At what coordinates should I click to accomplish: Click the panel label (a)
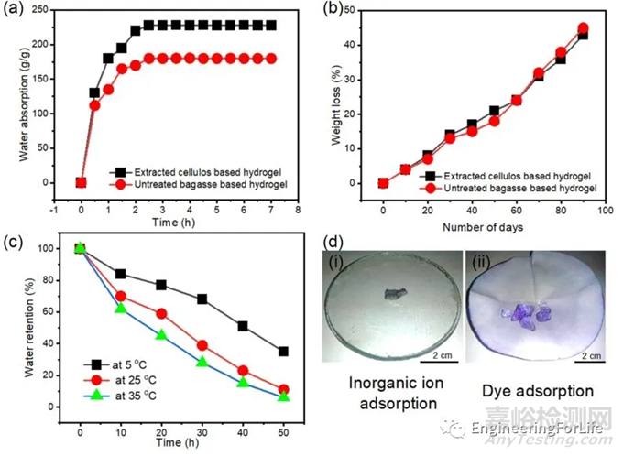click(16, 10)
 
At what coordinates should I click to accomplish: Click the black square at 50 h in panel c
click(283, 351)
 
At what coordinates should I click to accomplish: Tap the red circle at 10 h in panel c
click(120, 296)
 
